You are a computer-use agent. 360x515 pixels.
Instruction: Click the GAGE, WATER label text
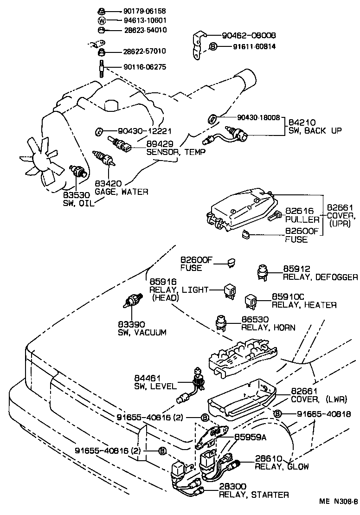[122, 191]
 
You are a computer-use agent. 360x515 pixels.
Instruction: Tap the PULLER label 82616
[302, 219]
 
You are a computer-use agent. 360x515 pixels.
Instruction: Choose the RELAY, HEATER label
[304, 305]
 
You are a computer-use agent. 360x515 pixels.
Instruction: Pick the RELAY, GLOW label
[282, 466]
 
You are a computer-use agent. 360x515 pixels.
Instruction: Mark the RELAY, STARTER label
[254, 495]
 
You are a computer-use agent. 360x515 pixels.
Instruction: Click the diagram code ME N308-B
[338, 502]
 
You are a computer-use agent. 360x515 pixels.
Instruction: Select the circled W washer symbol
[102, 20]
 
